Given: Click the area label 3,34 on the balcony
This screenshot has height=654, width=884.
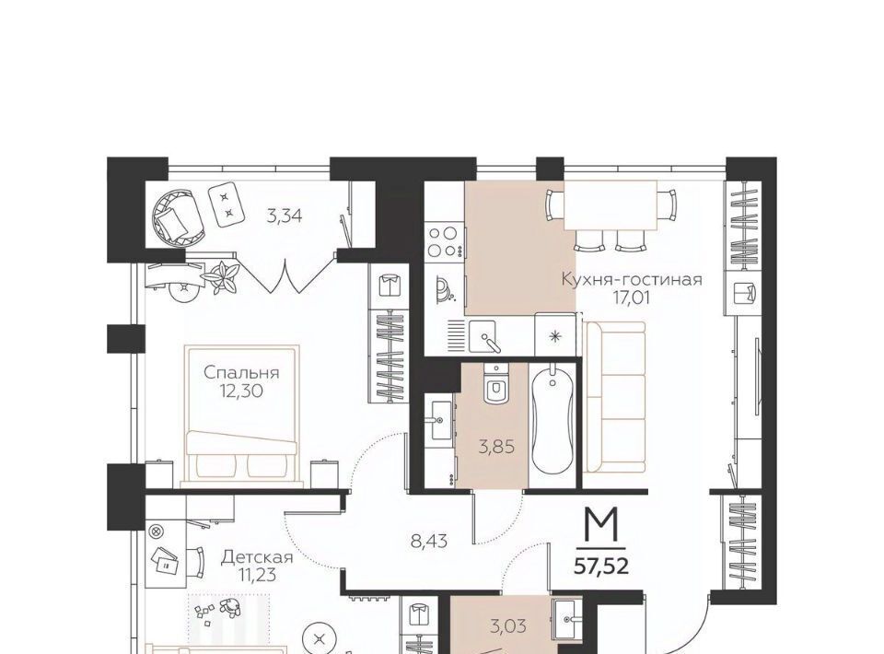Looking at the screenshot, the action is click(285, 216).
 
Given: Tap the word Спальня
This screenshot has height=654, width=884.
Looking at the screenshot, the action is click(241, 373).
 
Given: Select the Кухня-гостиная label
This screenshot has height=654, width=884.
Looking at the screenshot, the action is click(632, 279).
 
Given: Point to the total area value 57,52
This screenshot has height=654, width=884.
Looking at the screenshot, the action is click(601, 566).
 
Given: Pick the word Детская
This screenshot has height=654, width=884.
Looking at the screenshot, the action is click(257, 557).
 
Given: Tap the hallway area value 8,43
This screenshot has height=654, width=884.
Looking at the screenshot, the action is click(429, 542).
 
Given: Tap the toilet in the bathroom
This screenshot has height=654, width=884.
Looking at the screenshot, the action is click(496, 384).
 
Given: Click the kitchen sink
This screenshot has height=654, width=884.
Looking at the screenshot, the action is click(483, 337).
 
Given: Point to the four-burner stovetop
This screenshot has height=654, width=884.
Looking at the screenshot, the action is click(444, 240).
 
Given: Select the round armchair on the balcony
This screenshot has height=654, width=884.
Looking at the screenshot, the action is click(176, 216).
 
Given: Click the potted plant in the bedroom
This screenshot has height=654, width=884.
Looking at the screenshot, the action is click(222, 276).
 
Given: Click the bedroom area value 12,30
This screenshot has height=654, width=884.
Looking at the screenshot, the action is click(241, 391).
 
